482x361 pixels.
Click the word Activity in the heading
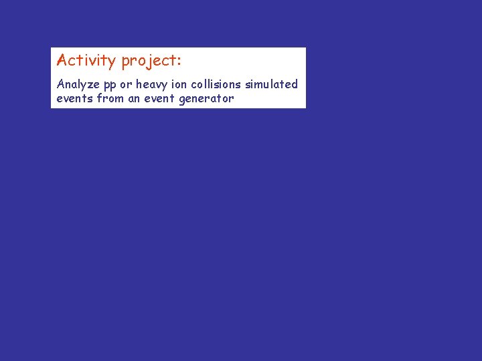click(x=86, y=61)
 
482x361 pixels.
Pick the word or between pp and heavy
click(x=126, y=85)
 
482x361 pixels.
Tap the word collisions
click(x=218, y=84)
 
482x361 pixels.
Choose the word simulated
click(x=272, y=84)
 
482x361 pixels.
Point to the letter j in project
click(x=147, y=62)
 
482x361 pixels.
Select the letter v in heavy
click(x=161, y=86)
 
